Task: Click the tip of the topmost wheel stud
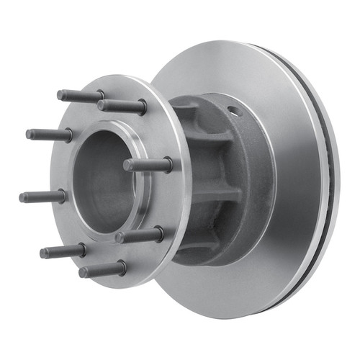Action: coord(60,94)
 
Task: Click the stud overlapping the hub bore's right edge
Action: coord(148,165)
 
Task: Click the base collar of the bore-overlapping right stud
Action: coord(167,165)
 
